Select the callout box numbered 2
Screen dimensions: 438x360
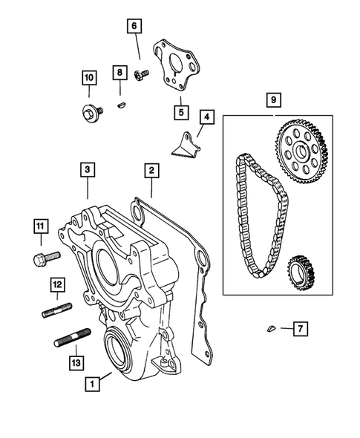pos(151,171)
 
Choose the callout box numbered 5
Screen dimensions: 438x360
pos(180,111)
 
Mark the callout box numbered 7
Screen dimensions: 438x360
pos(299,327)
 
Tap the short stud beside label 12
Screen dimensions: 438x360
pos(58,309)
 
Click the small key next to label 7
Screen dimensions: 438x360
pos(272,327)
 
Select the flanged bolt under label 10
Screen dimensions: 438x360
pos(89,111)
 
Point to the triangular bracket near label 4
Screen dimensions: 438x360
pos(186,145)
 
